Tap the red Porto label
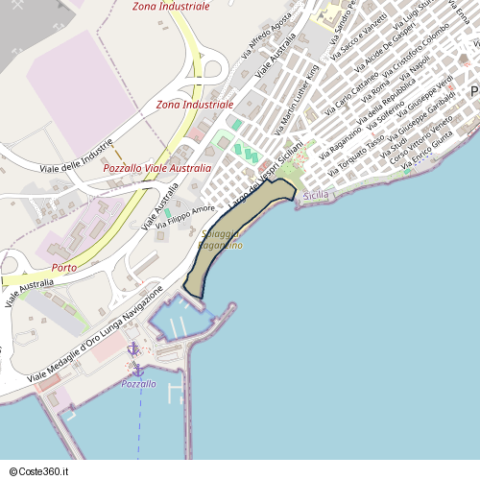pos(64,267)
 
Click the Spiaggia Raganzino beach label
pos(221,240)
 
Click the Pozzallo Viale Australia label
pos(156,168)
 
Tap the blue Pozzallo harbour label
pos(139,383)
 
